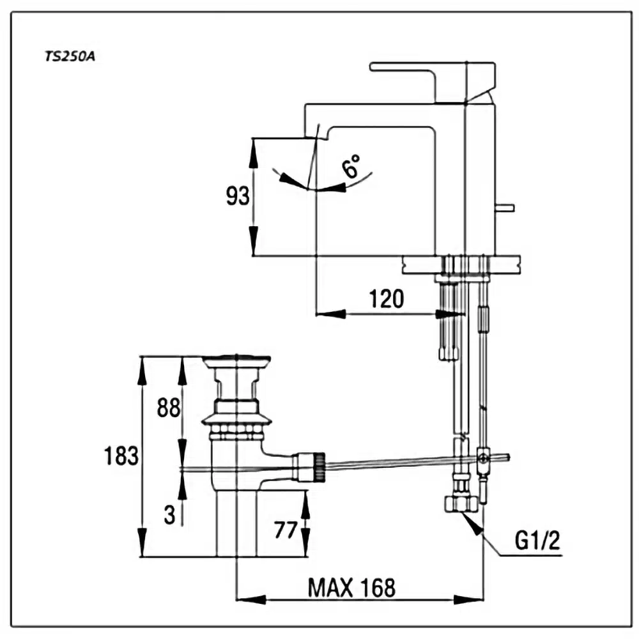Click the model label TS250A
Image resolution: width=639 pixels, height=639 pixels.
tap(70, 56)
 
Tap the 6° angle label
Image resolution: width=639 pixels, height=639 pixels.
tap(352, 166)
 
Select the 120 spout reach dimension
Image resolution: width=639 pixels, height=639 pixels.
tap(387, 298)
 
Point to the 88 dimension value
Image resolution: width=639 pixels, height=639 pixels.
tap(169, 408)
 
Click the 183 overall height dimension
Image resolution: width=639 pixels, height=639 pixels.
tap(121, 456)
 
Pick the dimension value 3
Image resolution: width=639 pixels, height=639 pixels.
tap(169, 515)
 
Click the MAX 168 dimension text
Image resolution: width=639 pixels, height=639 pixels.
tap(351, 587)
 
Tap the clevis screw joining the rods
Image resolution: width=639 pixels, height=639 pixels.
tap(483, 457)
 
